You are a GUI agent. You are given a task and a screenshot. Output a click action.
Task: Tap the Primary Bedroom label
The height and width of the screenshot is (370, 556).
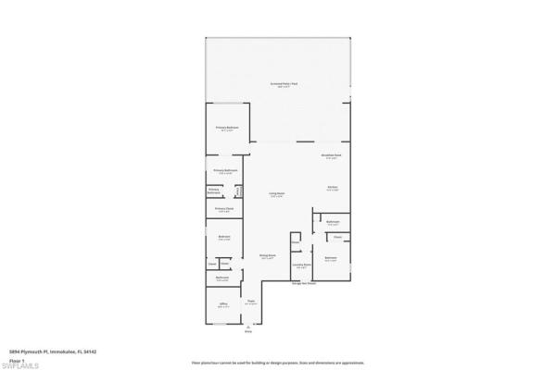click(x=227, y=129)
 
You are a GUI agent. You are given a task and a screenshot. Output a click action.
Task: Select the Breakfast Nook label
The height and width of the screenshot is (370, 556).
click(x=331, y=155)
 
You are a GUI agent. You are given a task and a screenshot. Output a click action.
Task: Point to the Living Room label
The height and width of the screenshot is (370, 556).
click(x=276, y=193)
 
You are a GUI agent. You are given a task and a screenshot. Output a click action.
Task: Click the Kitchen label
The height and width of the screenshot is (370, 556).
click(x=331, y=188)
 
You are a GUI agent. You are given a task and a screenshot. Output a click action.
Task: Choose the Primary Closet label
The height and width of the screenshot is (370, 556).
click(x=224, y=209)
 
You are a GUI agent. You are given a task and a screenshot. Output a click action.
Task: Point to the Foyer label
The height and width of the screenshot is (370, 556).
click(x=250, y=302)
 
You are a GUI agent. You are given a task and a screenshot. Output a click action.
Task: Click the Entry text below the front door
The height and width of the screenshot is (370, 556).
click(x=248, y=331)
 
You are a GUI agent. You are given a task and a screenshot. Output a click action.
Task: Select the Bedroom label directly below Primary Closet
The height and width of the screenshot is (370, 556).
click(x=224, y=238)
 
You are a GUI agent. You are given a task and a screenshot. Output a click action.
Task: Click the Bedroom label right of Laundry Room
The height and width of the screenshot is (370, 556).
click(x=331, y=258)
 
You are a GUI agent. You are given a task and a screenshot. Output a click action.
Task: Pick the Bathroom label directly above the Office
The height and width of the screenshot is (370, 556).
click(x=223, y=277)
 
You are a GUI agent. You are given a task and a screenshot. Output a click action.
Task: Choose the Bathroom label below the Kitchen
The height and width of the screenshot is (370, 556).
click(x=332, y=222)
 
